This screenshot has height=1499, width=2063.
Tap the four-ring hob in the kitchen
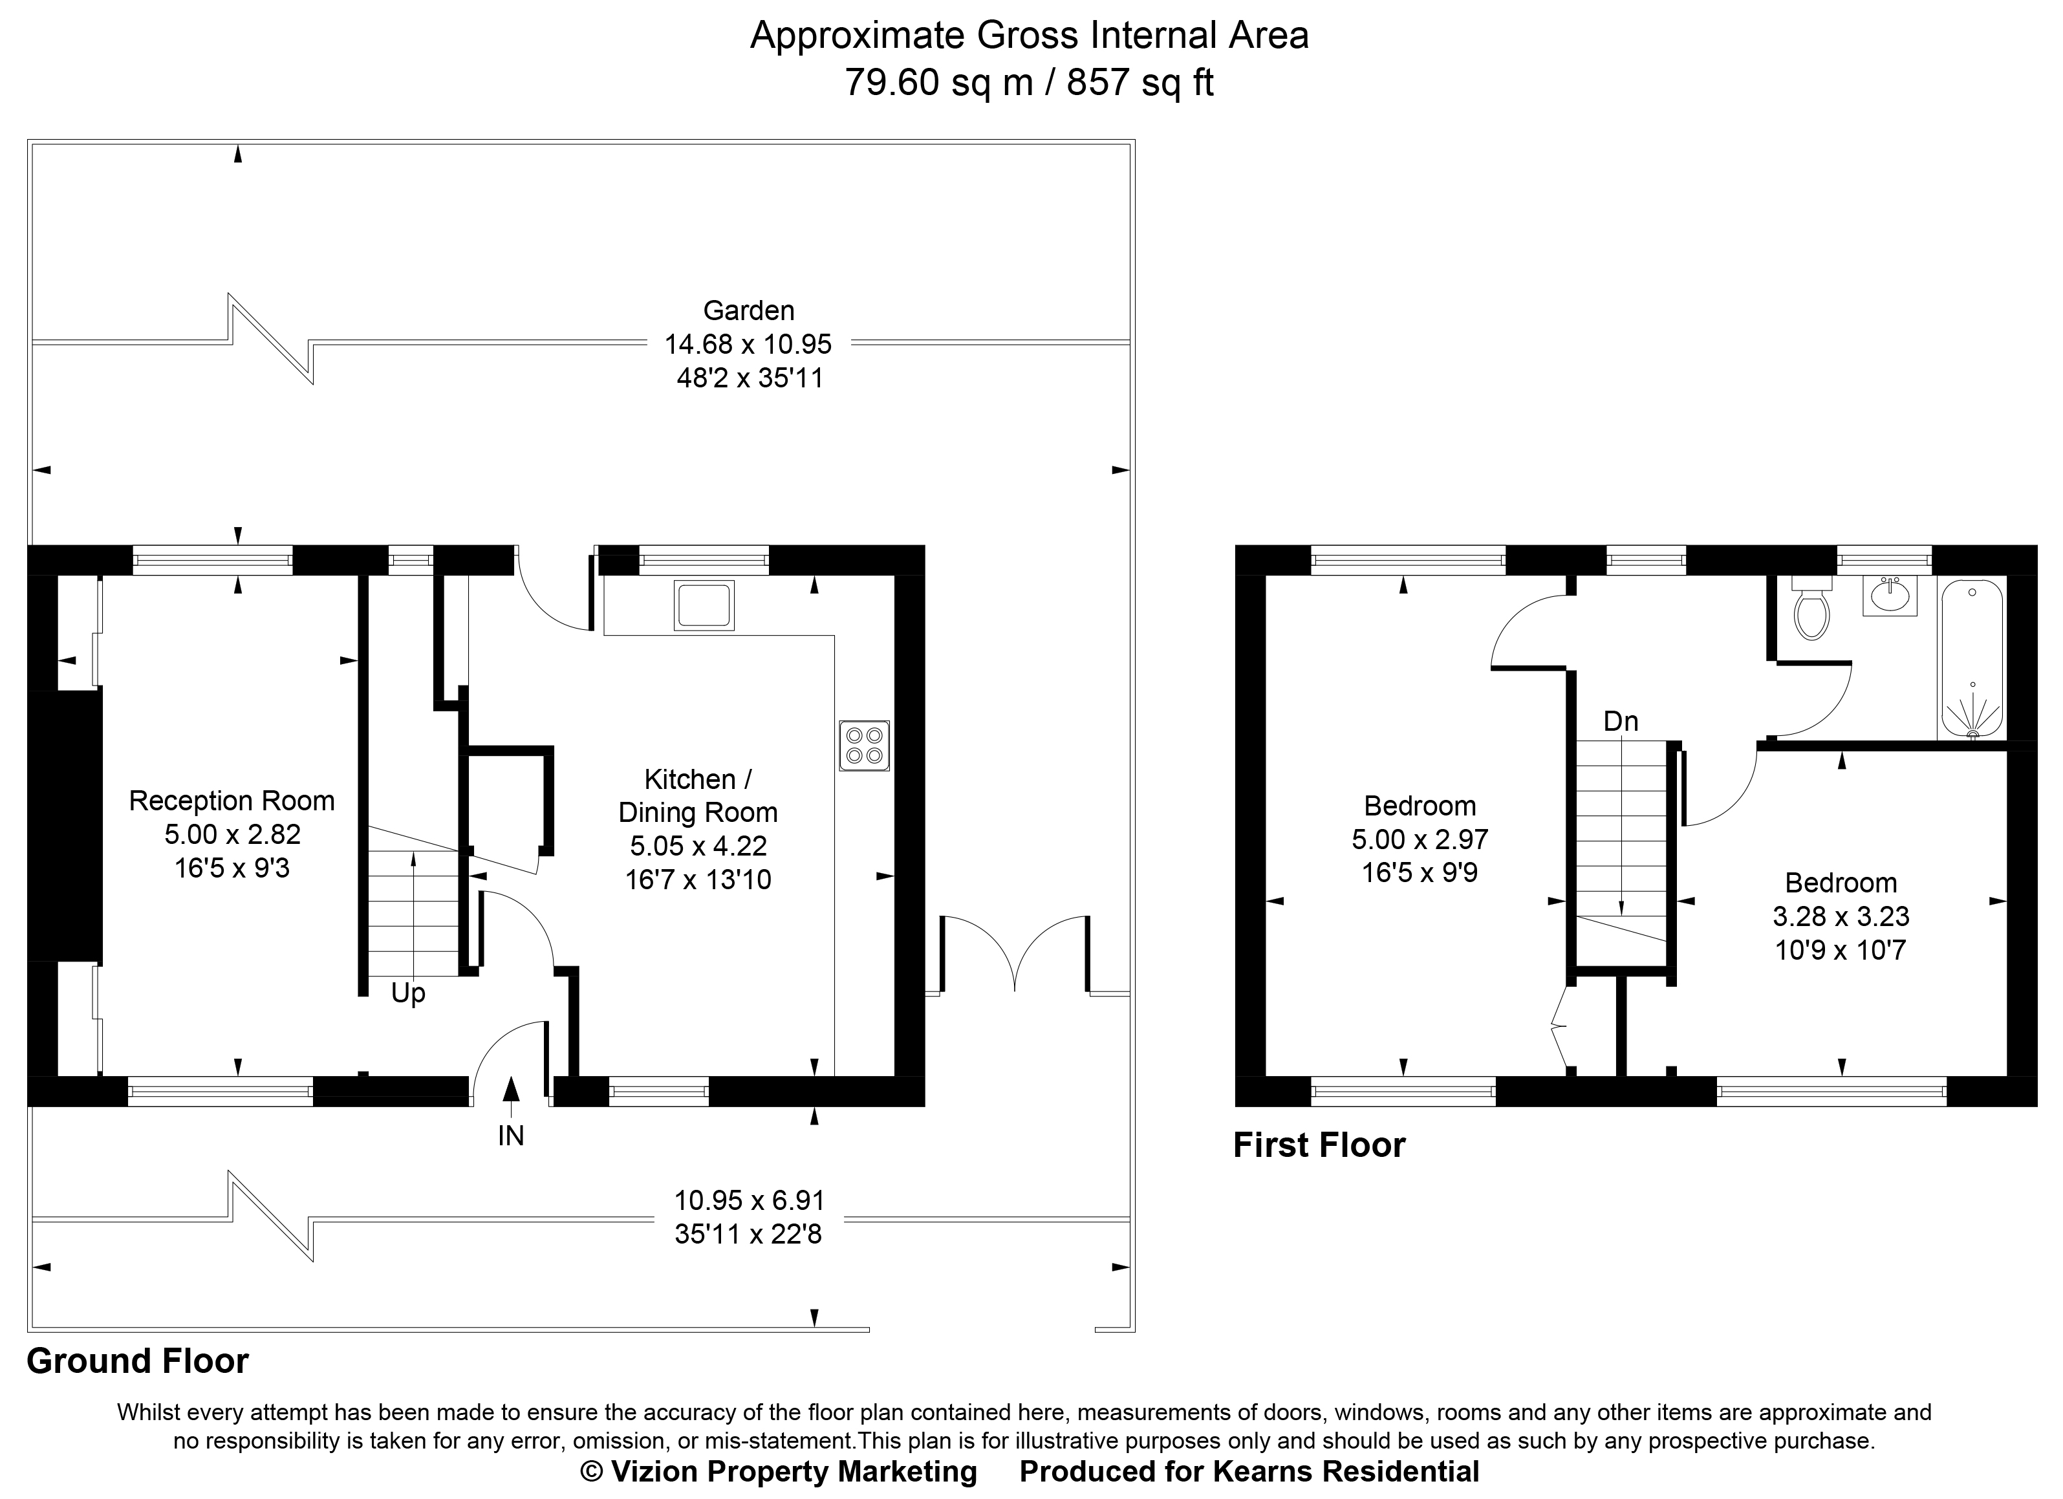864,746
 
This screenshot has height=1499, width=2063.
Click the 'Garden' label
749,310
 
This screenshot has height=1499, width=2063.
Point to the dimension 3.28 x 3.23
1840,916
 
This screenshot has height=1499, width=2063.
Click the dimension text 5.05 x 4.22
698,846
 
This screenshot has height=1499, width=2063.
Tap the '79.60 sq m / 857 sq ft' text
1029,83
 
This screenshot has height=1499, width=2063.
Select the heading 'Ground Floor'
137,1361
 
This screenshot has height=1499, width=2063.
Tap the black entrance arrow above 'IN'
510,1090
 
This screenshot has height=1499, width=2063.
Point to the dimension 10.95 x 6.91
749,1201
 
